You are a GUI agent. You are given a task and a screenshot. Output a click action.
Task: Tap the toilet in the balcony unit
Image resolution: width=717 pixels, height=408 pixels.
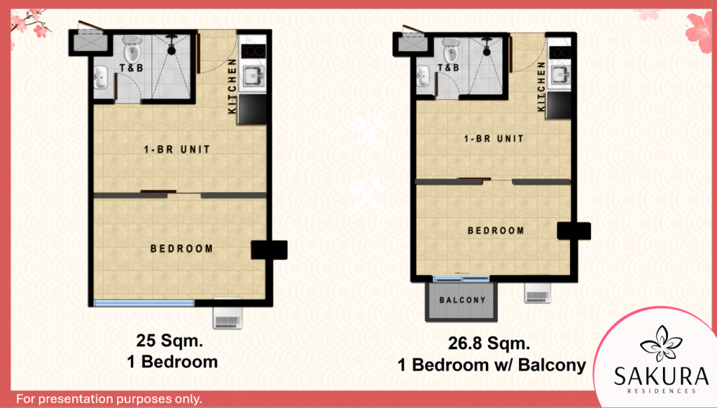coord(451,50)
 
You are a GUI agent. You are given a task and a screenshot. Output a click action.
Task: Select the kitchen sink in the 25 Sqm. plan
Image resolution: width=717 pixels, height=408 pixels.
coord(252,76)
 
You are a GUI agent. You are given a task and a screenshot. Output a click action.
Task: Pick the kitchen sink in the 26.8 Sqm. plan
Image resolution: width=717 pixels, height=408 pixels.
coord(559,74)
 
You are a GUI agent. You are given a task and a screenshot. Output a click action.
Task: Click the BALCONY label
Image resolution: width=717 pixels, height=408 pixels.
coord(462,300)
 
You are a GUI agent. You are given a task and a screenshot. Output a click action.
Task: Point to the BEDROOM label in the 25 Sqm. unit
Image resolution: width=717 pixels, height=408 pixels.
coord(181,249)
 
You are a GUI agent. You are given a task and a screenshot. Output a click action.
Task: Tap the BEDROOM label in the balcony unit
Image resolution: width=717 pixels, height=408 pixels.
coord(496,231)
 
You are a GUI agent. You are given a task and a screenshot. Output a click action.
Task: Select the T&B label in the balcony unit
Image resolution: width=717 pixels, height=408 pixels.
coord(448,68)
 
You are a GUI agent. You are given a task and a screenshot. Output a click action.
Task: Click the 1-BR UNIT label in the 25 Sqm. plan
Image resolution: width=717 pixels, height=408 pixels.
coord(177,149)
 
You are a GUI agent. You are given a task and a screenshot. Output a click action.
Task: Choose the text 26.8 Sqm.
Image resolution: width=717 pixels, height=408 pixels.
coord(489,343)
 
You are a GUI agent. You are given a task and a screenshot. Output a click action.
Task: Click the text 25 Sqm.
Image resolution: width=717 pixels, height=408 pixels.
coord(169,341)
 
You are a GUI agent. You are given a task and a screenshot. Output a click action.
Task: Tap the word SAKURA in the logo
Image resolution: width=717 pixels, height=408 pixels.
coord(661,376)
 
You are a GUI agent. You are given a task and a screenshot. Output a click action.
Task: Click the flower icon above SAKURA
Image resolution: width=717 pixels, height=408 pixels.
coord(661,343)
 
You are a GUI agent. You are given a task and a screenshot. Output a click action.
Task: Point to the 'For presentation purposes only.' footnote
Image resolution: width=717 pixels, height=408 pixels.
coord(109,399)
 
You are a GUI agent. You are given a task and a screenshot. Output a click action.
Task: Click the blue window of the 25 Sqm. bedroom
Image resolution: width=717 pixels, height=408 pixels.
coord(144,303)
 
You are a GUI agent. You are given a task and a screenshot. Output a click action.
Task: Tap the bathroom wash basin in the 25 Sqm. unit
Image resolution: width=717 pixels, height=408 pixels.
coord(101,77)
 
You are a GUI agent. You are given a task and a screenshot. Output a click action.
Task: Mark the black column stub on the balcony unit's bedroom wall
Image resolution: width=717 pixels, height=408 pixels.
coord(574,231)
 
